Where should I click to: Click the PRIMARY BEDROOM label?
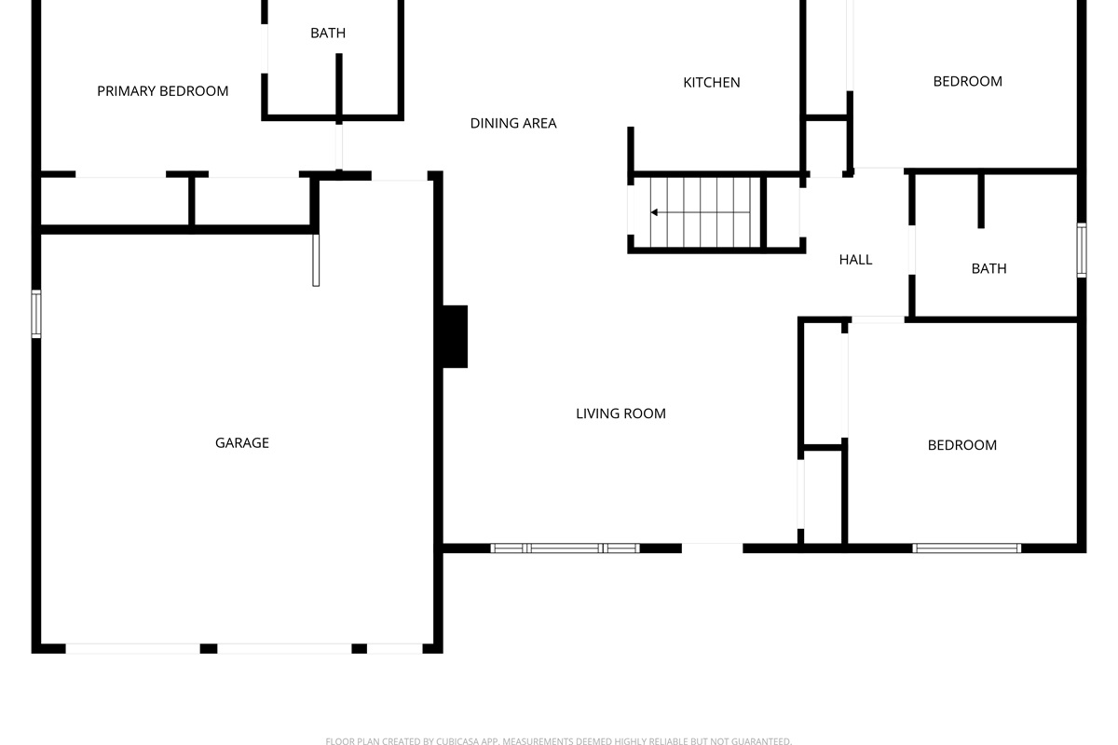pos(163,91)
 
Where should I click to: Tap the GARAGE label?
pos(242,442)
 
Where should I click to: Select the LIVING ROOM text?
pos(620,413)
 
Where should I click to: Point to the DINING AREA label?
pos(513,123)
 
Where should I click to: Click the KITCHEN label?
pos(712,82)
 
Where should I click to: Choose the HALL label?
pos(855,260)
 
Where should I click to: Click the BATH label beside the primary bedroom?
pos(328,33)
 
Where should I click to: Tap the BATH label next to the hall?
pos(988,269)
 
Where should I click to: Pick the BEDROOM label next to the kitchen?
pos(968,81)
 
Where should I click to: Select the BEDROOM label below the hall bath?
pos(962,445)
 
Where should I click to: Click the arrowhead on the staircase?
pos(654,212)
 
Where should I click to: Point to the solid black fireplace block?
pos(455,336)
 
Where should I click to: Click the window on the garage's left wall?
pos(36,314)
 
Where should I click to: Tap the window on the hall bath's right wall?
pos(1081,250)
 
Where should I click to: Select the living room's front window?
pos(565,549)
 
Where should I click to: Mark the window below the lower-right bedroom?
pos(967,549)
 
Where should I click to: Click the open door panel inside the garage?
pos(316,260)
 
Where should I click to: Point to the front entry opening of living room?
pos(712,548)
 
